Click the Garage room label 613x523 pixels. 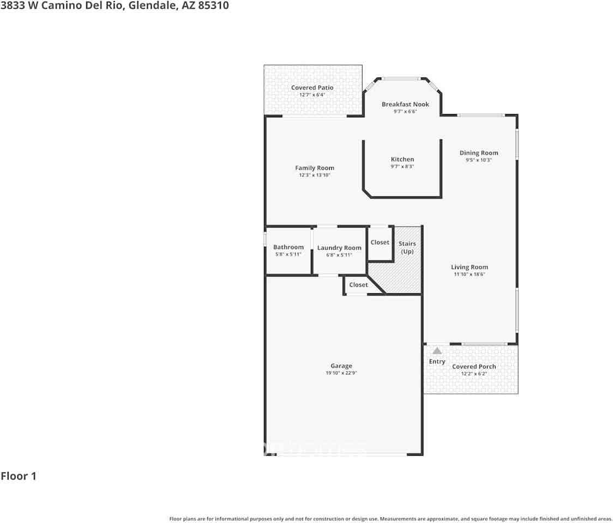click(x=341, y=366)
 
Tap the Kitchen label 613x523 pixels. click(x=402, y=160)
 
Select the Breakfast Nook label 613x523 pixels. click(x=405, y=104)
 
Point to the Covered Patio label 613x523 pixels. click(x=312, y=88)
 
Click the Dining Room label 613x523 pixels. click(x=478, y=153)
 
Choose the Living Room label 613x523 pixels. click(x=469, y=267)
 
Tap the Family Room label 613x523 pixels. click(x=315, y=168)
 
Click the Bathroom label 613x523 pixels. click(x=288, y=247)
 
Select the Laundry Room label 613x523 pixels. click(x=339, y=248)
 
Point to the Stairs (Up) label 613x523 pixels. click(x=407, y=247)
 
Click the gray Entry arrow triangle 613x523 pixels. click(x=437, y=351)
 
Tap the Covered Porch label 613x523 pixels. click(x=474, y=367)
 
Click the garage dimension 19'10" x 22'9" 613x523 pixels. click(x=341, y=373)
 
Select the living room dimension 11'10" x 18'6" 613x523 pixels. click(x=469, y=274)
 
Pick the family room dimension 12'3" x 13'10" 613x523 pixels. click(x=315, y=175)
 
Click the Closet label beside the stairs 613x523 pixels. click(x=380, y=242)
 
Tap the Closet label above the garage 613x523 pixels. click(x=358, y=285)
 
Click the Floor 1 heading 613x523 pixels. click(x=19, y=476)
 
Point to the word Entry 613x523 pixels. click(x=437, y=362)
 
